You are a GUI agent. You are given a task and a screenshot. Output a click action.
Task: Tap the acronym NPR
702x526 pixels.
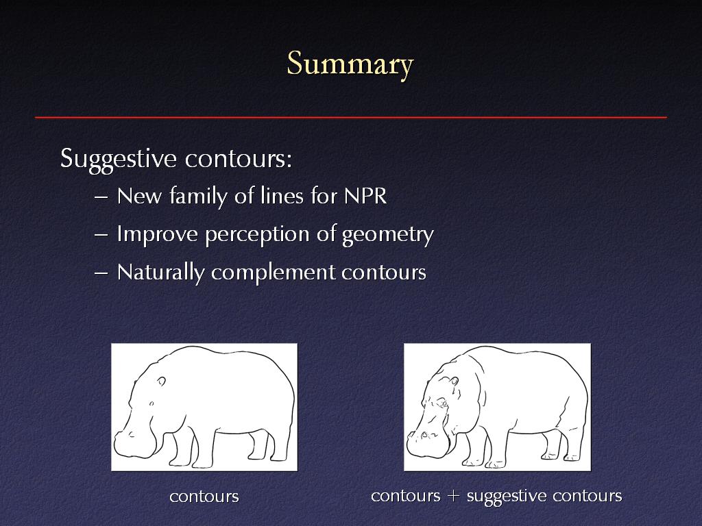coord(365,196)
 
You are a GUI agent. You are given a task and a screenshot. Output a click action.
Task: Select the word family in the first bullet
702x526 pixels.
coord(198,197)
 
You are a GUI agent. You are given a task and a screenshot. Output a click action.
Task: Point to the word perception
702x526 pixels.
coord(258,235)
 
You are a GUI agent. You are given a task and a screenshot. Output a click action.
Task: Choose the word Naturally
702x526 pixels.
coord(160,273)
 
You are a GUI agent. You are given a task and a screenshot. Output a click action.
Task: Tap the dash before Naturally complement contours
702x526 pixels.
coord(101,273)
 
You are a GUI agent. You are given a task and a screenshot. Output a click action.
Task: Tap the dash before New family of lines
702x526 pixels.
coord(101,197)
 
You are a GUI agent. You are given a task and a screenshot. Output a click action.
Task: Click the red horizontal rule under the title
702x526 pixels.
coord(351,118)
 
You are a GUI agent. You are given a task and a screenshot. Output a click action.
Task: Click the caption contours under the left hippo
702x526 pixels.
coord(204,497)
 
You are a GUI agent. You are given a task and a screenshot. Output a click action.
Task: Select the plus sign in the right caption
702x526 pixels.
coord(453,496)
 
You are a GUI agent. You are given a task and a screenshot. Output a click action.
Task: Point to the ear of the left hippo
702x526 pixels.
coord(161,381)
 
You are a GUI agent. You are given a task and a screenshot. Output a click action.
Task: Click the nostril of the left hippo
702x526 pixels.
coord(131,434)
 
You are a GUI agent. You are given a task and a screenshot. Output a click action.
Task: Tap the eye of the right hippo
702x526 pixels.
coord(444,404)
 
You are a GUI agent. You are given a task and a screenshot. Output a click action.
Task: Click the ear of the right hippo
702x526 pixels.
coord(455,381)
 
